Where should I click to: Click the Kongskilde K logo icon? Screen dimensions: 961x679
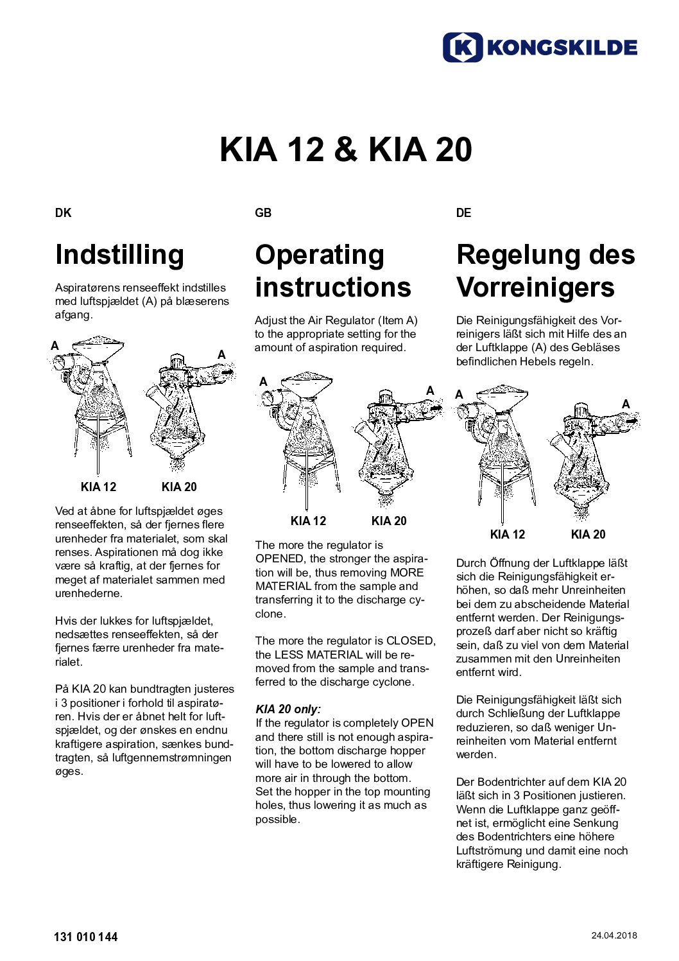pos(462,48)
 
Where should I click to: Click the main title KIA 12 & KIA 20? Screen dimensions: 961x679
pos(345,149)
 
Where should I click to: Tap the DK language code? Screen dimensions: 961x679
pos(63,213)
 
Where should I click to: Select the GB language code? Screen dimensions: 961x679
pos(263,213)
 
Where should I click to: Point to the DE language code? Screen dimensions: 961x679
pos(463,213)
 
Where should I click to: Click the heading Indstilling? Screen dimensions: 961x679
pos(119,254)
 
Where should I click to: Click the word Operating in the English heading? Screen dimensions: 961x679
pos(320,254)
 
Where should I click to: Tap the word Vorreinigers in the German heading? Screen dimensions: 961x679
pos(535,287)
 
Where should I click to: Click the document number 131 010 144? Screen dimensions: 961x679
pos(86,937)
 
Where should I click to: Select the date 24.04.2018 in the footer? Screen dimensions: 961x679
pos(614,935)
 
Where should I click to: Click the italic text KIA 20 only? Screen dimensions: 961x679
pos(288,709)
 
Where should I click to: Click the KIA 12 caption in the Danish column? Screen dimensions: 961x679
pos(98,487)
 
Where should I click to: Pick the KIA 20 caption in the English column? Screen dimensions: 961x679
pos(389,521)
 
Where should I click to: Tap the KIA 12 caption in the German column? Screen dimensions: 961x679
pos(507,535)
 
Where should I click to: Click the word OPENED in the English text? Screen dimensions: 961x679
pos(279,558)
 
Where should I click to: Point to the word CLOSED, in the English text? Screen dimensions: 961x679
pos(411,641)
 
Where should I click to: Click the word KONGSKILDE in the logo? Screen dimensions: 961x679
pos(562,48)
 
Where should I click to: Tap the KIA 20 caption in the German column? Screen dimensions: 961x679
pos(588,535)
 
